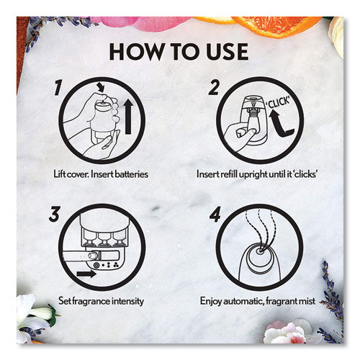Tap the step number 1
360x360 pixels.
click(x=58, y=88)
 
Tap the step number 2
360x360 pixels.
click(x=214, y=88)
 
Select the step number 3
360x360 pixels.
click(x=54, y=215)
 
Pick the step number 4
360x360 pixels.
click(x=215, y=215)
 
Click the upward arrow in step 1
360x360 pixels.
click(x=128, y=117)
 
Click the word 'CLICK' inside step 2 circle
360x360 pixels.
click(x=279, y=102)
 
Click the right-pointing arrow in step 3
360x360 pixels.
click(x=86, y=274)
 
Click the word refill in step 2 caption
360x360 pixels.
click(x=229, y=174)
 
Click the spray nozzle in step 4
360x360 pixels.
click(x=259, y=251)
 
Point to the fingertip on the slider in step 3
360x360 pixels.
click(x=93, y=256)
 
